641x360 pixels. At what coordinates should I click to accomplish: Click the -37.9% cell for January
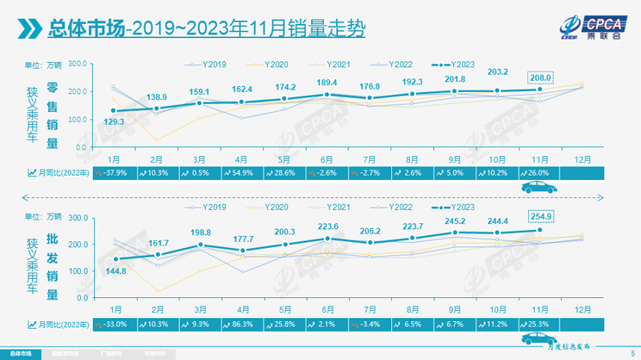click(109, 173)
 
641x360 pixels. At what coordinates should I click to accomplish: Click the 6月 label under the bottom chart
click(327, 308)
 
